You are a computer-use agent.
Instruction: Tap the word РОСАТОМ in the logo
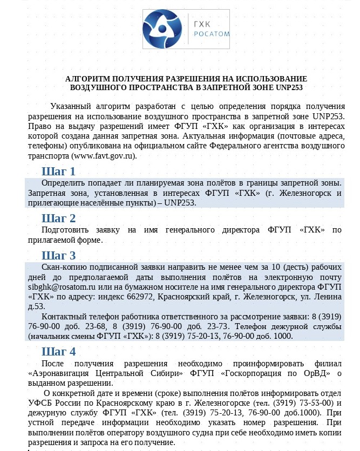point(212,34)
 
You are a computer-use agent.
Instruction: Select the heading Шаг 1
point(58,172)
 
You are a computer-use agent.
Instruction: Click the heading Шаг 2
point(58,218)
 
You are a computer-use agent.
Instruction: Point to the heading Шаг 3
point(58,255)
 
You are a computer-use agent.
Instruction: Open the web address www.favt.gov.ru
point(103,156)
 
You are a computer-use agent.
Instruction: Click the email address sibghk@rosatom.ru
point(62,288)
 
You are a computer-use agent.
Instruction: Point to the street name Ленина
point(329,297)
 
